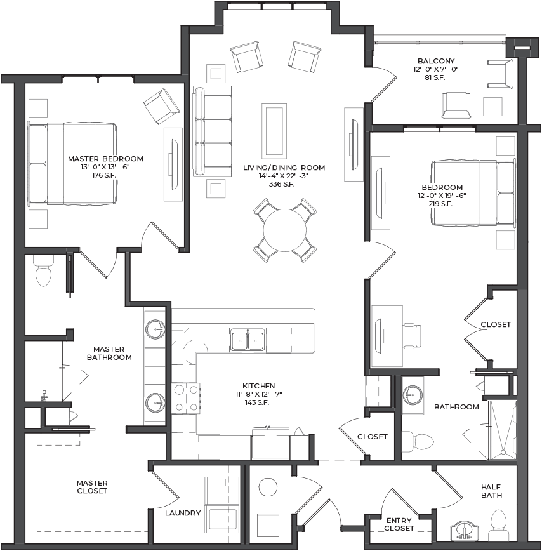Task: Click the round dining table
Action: click(x=284, y=230)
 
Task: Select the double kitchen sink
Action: click(x=248, y=340)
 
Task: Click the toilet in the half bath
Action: click(x=498, y=526)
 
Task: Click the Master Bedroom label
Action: click(x=105, y=159)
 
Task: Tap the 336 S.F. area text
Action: click(x=282, y=184)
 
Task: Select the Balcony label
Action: click(x=436, y=61)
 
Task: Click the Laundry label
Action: click(x=183, y=513)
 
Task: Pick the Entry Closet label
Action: click(x=399, y=524)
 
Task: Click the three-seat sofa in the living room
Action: click(x=213, y=131)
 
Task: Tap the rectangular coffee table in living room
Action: click(x=274, y=131)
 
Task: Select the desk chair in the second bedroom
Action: click(x=412, y=336)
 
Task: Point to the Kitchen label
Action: click(x=258, y=386)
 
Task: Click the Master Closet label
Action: click(x=92, y=487)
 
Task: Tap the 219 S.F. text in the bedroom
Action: click(x=440, y=204)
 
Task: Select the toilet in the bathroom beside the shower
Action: click(x=418, y=441)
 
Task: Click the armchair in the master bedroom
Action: click(x=162, y=106)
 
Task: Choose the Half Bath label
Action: click(x=491, y=491)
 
